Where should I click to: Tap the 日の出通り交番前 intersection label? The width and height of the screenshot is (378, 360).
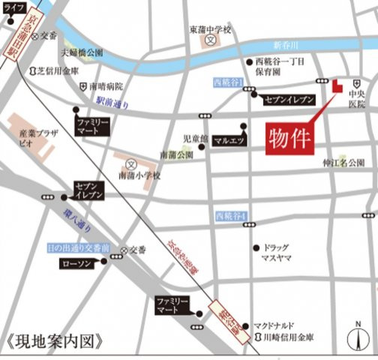click(x=78, y=247)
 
